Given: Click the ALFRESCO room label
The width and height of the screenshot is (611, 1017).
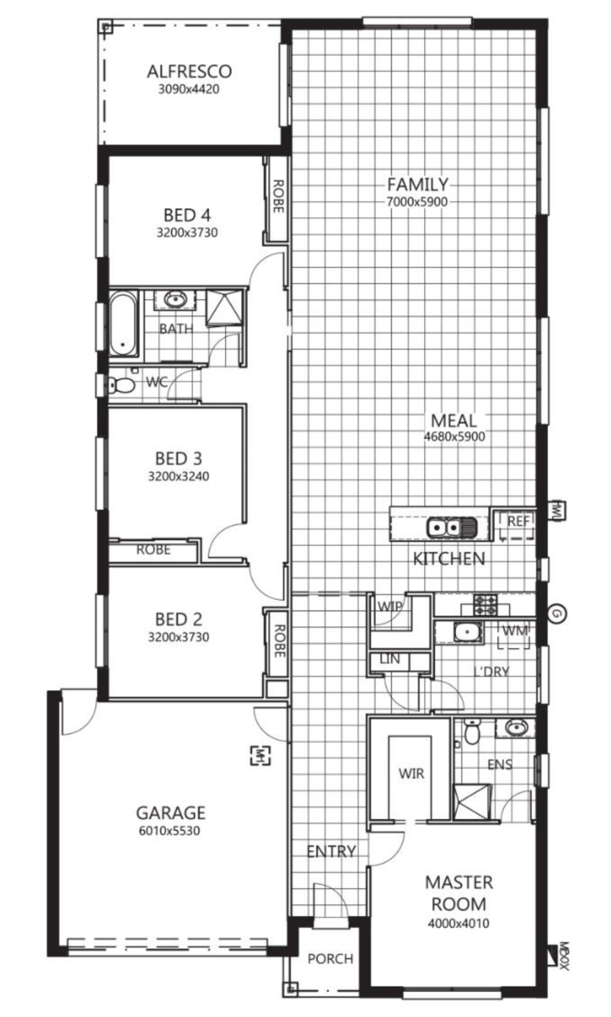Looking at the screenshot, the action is coord(189,71).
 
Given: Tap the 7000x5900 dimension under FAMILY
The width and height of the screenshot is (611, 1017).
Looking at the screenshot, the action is coord(416,201).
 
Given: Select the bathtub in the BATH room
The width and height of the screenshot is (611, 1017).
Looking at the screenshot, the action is coord(123,324).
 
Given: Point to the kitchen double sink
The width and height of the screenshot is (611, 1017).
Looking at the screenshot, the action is coord(451,527).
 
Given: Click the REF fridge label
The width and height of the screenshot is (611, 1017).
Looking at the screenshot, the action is coord(518,521).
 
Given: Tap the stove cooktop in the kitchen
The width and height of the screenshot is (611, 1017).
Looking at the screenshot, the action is coord(485,605).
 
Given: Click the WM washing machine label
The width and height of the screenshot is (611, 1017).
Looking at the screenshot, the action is coord(515,630).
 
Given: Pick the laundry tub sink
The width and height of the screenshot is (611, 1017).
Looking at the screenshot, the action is coord(467,632).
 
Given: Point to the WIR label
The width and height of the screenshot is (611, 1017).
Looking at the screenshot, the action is coord(411,773).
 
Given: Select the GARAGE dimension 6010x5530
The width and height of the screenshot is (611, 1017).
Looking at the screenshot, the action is coord(170,831).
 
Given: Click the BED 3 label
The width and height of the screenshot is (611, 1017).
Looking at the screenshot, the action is coord(179,459).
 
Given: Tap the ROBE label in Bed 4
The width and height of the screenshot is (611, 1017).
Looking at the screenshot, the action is coord(278,196).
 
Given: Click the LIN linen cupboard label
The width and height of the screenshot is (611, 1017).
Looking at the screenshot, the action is coord(390,659).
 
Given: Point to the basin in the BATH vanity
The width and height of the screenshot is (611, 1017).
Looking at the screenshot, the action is coord(175,299).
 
